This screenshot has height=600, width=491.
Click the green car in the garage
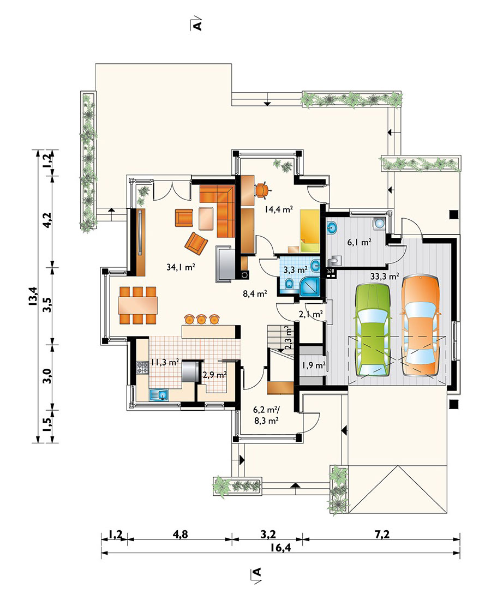pyautogui.click(x=373, y=331)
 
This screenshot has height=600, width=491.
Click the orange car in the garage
pyautogui.click(x=420, y=326)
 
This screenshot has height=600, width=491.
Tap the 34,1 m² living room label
pyautogui.click(x=181, y=267)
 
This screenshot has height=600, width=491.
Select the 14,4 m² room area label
pyautogui.click(x=279, y=209)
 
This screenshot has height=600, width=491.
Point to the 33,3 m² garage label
pyautogui.click(x=385, y=277)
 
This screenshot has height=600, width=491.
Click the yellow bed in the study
pyautogui.click(x=309, y=231)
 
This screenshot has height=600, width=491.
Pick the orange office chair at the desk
pyautogui.click(x=262, y=190)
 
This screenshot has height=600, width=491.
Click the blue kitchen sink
pyautogui.click(x=158, y=394)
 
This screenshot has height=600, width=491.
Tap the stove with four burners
pyautogui.click(x=143, y=367)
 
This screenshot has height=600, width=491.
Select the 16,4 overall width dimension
pyautogui.click(x=280, y=548)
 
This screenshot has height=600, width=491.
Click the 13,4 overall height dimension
pyautogui.click(x=33, y=296)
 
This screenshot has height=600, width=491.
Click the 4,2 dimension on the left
pyautogui.click(x=47, y=220)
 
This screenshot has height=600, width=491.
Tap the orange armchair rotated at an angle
pyautogui.click(x=196, y=243)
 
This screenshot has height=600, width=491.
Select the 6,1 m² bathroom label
pyautogui.click(x=359, y=242)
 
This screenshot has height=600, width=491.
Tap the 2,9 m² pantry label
pyautogui.click(x=215, y=375)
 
